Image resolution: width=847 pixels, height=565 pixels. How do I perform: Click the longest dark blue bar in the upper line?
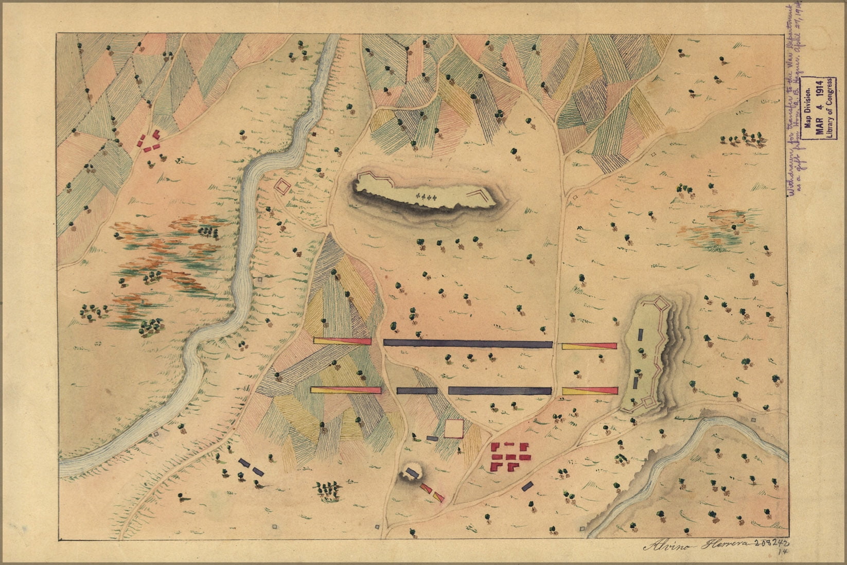(467, 344)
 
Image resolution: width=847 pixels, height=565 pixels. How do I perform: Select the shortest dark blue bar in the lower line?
(417, 391)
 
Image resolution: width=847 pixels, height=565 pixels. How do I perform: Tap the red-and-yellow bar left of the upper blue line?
(342, 341)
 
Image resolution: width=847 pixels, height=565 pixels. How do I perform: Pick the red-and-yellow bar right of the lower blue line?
(590, 391)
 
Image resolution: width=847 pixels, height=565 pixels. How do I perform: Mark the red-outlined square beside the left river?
(283, 186)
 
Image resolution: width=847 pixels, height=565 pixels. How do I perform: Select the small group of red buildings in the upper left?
(149, 142)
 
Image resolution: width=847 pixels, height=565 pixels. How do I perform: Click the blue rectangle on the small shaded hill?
(412, 472)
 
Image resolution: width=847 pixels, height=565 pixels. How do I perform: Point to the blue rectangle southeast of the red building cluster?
(527, 485)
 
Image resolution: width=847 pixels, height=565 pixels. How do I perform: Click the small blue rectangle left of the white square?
(432, 438)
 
